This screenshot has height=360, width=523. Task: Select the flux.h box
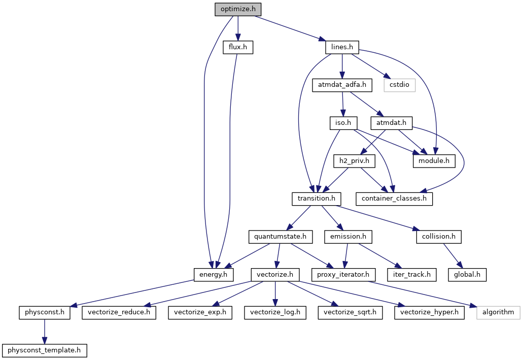click(x=237, y=47)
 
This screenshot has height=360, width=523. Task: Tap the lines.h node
click(x=342, y=47)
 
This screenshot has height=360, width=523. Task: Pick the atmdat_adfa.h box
click(x=342, y=85)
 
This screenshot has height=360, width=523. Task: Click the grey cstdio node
click(x=399, y=85)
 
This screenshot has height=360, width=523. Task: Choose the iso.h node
click(x=343, y=123)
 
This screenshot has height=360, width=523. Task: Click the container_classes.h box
click(x=394, y=199)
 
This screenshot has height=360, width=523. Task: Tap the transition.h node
click(x=316, y=199)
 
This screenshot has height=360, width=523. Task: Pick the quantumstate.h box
click(x=281, y=237)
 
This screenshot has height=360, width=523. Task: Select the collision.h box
click(x=439, y=237)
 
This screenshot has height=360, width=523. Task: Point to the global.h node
click(x=467, y=275)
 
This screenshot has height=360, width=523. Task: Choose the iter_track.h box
click(x=411, y=275)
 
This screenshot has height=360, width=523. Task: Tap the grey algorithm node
click(x=498, y=312)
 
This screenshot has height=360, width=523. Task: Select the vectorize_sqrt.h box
click(x=350, y=312)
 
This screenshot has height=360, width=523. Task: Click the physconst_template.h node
click(x=44, y=350)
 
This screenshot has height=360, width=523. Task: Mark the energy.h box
click(x=213, y=275)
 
